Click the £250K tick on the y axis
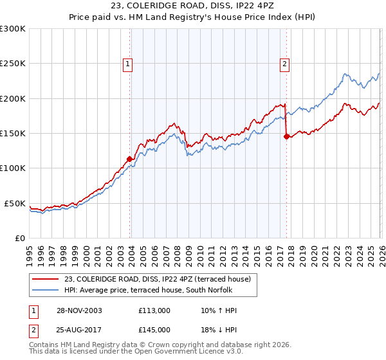(13, 64)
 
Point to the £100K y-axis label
(13, 168)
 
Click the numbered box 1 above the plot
(129, 64)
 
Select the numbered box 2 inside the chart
(284, 64)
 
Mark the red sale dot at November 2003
(129, 159)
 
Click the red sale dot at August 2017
(286, 136)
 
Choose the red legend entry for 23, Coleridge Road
(161, 278)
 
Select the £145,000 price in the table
(154, 329)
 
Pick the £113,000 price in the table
(154, 310)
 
